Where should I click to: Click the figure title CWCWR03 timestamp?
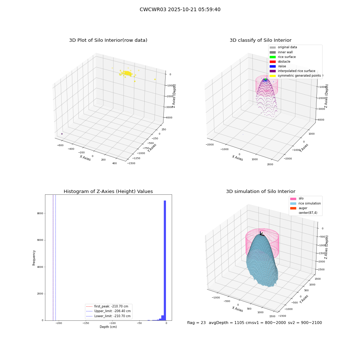180,10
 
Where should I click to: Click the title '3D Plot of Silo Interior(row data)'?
108,40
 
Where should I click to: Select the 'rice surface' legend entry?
283,57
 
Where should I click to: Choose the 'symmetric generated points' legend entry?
295,76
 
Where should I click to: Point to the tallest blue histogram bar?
165,260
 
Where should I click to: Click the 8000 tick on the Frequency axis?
40,213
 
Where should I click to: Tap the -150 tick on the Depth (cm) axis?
86,323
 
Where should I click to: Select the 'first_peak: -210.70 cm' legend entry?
107,306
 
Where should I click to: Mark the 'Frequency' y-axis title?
34,258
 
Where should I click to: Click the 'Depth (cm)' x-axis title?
108,327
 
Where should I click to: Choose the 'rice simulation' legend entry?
305,203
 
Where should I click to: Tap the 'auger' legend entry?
299,208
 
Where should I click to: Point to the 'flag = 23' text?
197,323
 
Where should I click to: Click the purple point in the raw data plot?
62,134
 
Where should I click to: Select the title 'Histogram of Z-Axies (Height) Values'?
108,192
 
